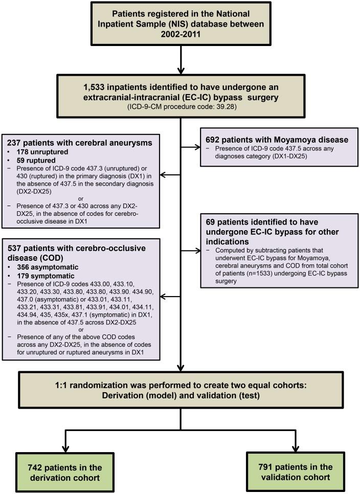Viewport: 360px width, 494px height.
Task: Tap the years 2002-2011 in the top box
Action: [x=181, y=34]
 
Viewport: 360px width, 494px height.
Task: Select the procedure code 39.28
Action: [x=226, y=106]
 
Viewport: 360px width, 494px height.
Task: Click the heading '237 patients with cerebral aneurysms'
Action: [x=79, y=143]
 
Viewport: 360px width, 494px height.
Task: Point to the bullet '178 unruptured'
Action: [x=42, y=152]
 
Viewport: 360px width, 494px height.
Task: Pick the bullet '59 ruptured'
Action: [x=36, y=161]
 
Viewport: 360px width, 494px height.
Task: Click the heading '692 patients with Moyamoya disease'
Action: [x=277, y=140]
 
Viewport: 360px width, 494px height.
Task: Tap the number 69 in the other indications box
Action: [x=210, y=222]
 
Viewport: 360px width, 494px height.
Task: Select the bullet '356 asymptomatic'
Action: [x=48, y=267]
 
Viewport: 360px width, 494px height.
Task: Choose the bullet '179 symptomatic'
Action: [x=46, y=276]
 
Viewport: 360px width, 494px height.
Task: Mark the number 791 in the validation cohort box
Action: [x=266, y=467]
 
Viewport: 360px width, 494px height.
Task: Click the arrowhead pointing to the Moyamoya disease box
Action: [x=197, y=147]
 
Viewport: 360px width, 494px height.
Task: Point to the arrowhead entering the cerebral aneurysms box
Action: [x=163, y=175]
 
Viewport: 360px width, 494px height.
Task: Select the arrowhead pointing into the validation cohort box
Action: [x=296, y=448]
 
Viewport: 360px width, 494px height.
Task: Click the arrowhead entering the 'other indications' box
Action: [x=197, y=251]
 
